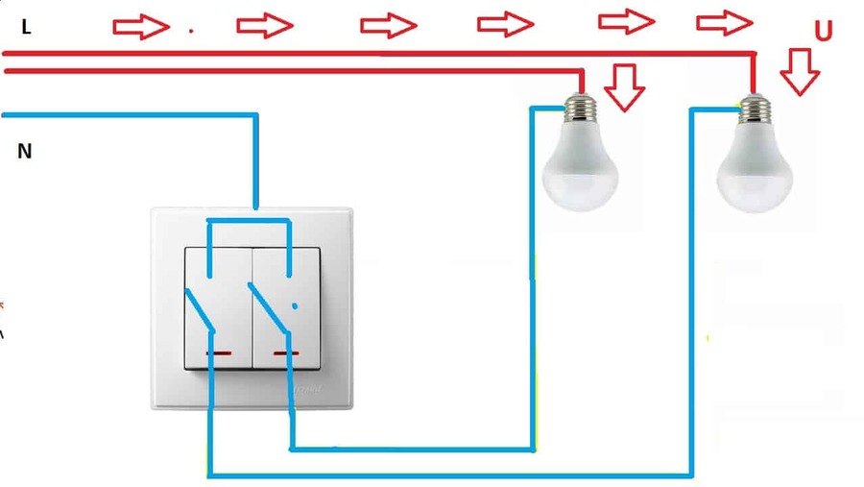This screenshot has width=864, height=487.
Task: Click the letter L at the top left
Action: [26, 28]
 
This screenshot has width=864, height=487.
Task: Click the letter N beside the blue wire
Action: [25, 151]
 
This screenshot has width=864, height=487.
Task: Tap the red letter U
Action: [823, 32]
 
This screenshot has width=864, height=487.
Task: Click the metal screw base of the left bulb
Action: [578, 110]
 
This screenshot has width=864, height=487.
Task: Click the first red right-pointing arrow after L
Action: [141, 27]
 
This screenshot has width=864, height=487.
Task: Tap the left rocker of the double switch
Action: [217, 307]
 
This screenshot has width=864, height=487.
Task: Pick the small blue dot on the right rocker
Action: [294, 306]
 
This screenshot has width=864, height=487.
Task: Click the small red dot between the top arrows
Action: [190, 31]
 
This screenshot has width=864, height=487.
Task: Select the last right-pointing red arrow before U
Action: [724, 20]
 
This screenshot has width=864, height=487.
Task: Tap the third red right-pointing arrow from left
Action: [389, 25]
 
